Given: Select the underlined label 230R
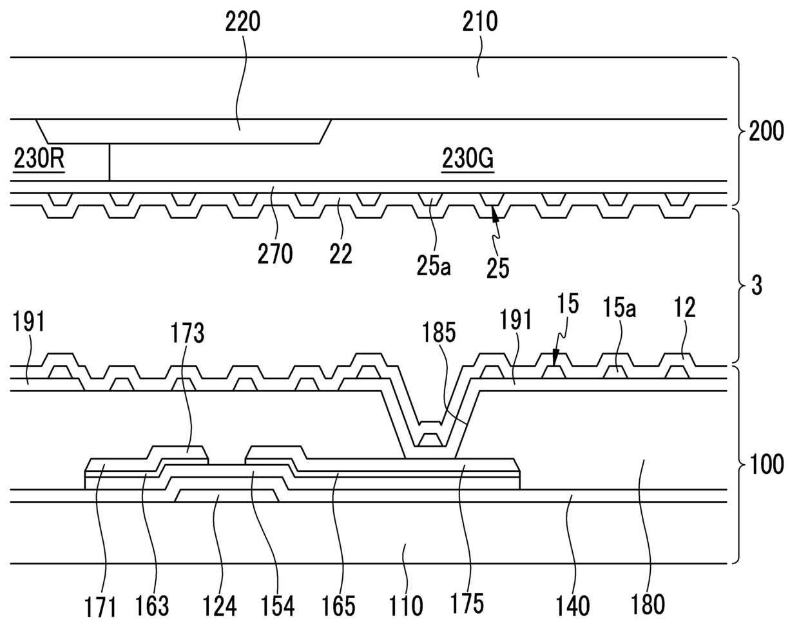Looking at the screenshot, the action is pos(39,159).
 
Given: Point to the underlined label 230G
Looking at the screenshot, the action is pos(467,159).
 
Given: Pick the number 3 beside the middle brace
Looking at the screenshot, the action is pos(756,286).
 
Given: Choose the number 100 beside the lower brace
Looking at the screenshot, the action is pos(766,464).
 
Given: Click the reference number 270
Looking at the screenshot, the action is pos(275,254).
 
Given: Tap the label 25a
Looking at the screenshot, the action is pos(434,266).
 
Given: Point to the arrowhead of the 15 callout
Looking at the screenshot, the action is pos(554,360).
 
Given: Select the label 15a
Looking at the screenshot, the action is pos(619,307).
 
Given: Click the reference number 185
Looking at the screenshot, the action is pos(439,333).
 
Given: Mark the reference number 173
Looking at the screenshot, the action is pos(188,333).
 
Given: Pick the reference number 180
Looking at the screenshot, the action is pos(647,605).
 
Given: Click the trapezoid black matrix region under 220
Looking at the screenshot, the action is pos(184,131).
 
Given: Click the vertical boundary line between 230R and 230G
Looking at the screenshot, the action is pos(110,162).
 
